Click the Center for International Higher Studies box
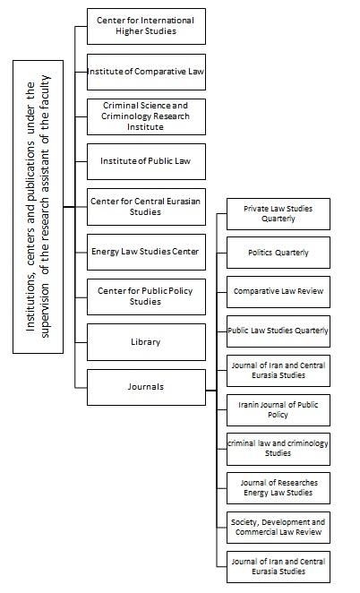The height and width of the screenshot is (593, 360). (x=146, y=26)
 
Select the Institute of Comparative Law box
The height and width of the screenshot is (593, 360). (x=146, y=72)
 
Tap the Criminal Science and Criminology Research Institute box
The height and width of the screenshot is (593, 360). (x=146, y=116)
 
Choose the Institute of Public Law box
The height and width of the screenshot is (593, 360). (x=146, y=161)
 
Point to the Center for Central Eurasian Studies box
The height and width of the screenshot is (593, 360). (x=146, y=207)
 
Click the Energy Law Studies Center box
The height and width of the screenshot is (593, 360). (x=146, y=252)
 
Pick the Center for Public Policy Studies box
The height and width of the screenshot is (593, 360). (x=146, y=296)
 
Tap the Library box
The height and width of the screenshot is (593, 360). (x=146, y=342)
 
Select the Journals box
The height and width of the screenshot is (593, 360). (x=146, y=387)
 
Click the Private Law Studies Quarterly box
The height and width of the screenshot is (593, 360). (x=279, y=214)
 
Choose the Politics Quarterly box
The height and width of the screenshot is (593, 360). (x=279, y=253)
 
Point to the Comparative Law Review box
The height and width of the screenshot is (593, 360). (x=279, y=292)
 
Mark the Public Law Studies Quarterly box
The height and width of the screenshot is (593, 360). (x=279, y=331)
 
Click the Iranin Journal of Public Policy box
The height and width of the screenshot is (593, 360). (x=279, y=410)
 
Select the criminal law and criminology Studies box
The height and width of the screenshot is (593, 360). (x=279, y=449)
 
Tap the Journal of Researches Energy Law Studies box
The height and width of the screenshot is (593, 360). (x=279, y=488)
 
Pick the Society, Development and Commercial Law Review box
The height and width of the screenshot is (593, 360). (x=279, y=528)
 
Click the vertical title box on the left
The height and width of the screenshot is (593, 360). (x=38, y=207)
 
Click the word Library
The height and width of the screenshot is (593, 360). (x=146, y=342)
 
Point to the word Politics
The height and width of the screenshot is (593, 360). (x=260, y=253)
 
